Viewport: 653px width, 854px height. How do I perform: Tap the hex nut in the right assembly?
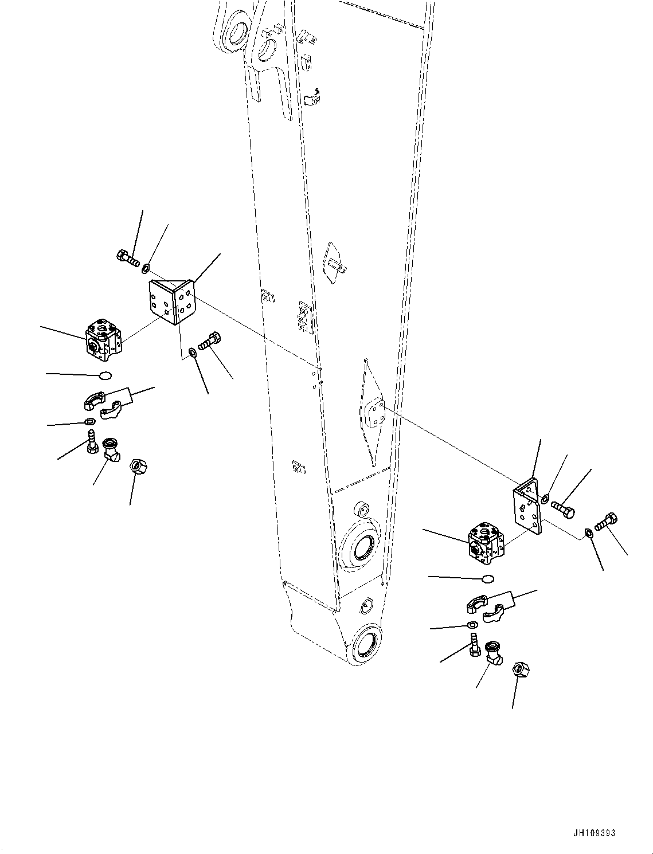click(x=522, y=669)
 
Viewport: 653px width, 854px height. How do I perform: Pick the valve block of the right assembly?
click(x=486, y=543)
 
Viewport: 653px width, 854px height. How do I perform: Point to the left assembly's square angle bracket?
click(x=171, y=301)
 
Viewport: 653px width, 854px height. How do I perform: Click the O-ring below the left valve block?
click(x=103, y=375)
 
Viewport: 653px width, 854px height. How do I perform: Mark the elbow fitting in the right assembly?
click(x=492, y=653)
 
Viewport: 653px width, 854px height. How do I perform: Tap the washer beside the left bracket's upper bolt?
click(x=146, y=267)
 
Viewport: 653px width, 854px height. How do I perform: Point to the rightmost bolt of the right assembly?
click(x=607, y=522)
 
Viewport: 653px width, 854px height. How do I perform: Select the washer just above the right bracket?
click(x=545, y=497)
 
